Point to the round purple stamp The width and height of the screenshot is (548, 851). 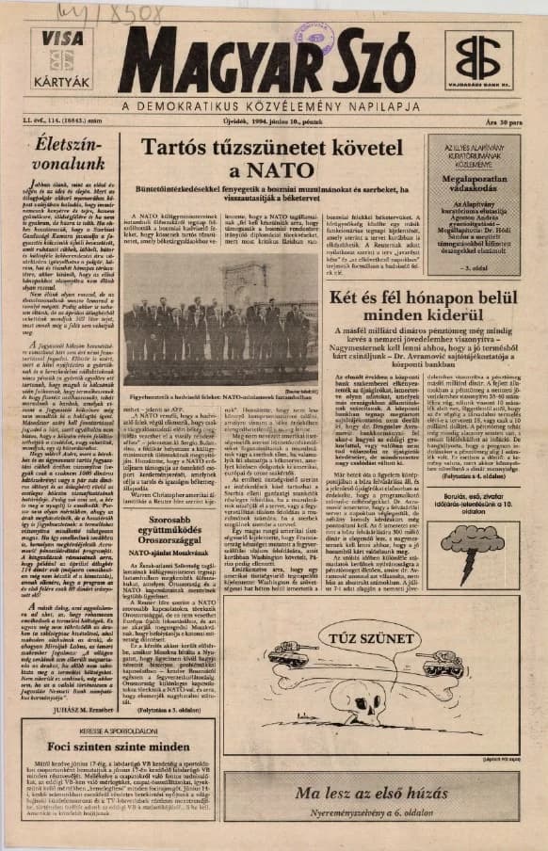314,38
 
